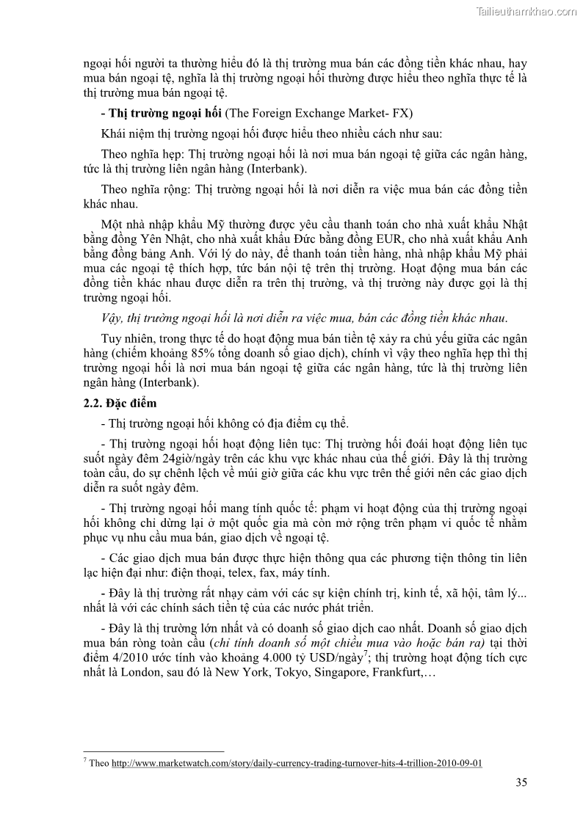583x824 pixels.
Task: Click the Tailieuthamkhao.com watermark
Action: (526, 11)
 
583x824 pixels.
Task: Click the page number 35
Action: (521, 782)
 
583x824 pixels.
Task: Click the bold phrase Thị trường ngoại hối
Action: (164, 113)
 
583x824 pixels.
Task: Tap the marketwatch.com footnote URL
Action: (297, 763)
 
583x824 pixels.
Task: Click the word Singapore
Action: (341, 672)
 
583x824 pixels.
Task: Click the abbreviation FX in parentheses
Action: (402, 113)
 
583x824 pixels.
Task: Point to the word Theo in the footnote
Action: (100, 763)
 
